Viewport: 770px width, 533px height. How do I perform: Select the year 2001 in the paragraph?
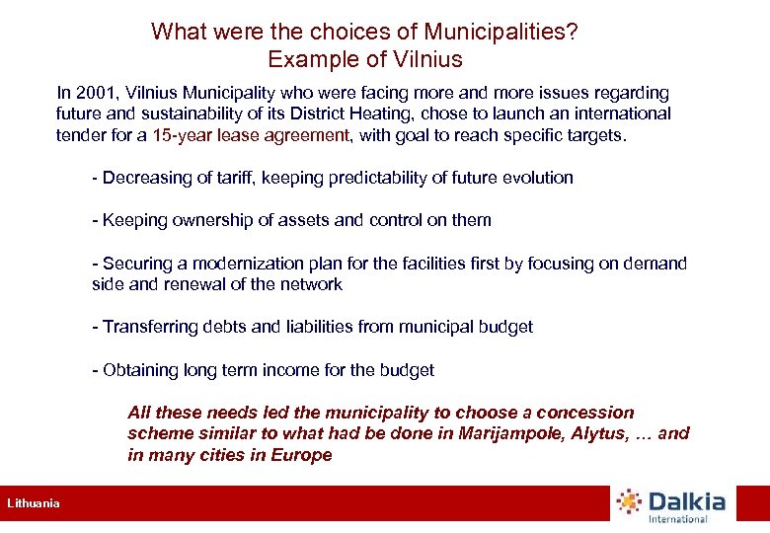[x=92, y=93]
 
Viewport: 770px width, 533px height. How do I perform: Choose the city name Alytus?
[x=593, y=433]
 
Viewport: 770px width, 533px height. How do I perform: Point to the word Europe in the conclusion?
[x=302, y=455]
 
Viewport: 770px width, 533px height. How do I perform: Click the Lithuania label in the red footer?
[x=34, y=503]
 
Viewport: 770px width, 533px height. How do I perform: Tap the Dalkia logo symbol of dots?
[x=629, y=502]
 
